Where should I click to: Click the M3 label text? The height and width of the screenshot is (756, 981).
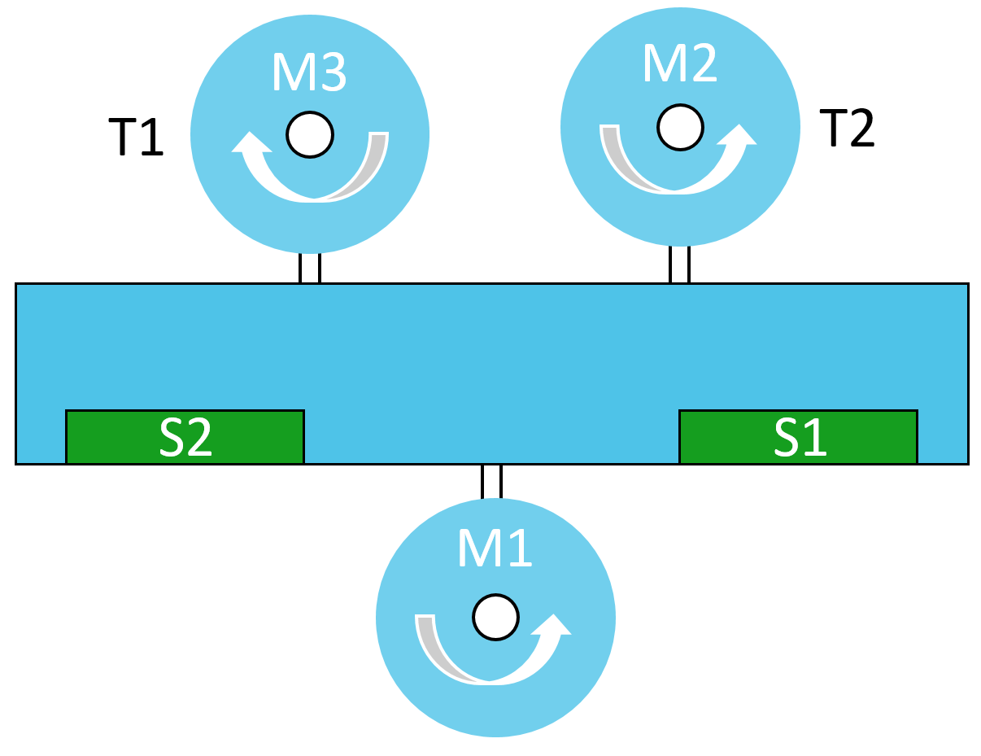pos(309,72)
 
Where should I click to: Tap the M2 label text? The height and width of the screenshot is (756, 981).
pos(680,63)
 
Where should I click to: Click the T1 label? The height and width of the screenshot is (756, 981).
pos(136,136)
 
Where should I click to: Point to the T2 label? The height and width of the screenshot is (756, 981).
pos(847,128)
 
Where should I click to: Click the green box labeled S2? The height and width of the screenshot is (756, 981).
pos(185,437)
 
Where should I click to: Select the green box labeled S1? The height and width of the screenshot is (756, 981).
pos(798,437)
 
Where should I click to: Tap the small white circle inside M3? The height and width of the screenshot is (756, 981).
pos(310,134)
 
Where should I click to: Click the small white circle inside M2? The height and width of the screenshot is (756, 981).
pos(680,127)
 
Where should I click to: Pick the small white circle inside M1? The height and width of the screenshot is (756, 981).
pos(495,618)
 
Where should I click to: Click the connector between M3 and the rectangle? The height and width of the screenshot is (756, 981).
pos(310,268)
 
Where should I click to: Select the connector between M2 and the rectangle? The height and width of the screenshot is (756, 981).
pos(679,264)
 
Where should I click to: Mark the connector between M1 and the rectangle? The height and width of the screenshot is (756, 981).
pos(491,481)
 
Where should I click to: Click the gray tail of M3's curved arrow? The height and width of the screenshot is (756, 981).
pos(372,163)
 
